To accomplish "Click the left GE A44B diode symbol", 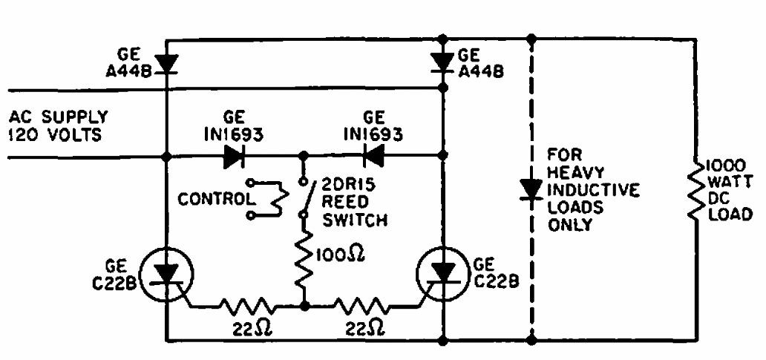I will click(166, 65).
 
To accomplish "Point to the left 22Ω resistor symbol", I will click(244, 304).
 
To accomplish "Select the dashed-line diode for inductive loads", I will click(531, 190).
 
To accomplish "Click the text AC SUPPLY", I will click(59, 117).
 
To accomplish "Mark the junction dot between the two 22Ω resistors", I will click(303, 304).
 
